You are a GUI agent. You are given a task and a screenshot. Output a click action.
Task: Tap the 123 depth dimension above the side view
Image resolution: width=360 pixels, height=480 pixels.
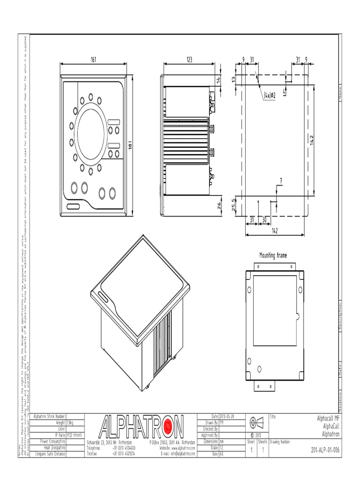tap(189, 60)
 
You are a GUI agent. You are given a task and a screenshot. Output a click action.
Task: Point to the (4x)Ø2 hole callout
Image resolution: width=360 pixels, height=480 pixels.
tap(269, 95)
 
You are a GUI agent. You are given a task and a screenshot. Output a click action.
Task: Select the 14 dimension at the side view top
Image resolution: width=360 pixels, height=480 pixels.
tap(218, 80)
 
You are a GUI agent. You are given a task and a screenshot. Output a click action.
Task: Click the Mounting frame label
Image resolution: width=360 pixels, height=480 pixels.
tap(273, 255)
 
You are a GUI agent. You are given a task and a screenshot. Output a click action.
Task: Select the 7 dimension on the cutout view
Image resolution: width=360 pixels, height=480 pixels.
tap(280, 180)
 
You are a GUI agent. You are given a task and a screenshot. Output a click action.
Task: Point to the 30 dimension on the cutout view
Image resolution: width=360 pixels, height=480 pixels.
tap(265, 219)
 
